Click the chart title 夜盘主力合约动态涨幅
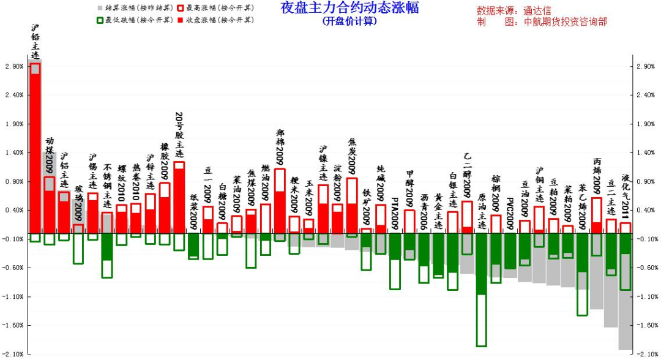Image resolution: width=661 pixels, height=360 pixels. coord(349,9)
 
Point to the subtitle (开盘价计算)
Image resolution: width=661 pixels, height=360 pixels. coord(349,21)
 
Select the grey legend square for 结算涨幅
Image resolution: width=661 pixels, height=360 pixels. coord(100,9)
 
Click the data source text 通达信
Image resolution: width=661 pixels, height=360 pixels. coord(538,10)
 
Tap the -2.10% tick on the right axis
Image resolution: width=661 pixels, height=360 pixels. coord(646,354)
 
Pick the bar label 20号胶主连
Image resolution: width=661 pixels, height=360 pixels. coord(179,135)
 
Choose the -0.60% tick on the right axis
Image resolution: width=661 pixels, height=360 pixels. coord(646,268)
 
